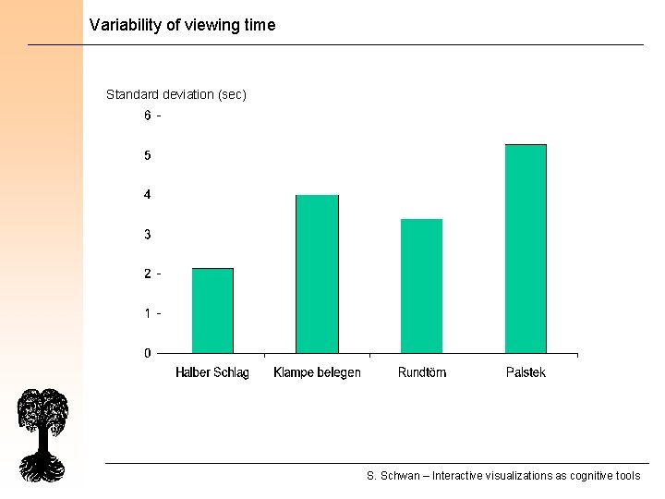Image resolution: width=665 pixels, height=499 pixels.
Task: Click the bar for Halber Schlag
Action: pos(212,310)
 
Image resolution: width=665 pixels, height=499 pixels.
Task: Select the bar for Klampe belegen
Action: pos(317,274)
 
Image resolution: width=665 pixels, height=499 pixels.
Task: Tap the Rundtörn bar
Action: pos(421,286)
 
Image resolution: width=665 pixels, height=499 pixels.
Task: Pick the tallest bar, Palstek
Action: pos(526,249)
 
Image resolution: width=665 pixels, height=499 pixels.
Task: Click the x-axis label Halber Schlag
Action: pos(212,372)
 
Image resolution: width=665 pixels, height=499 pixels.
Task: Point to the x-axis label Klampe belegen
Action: pos(317,372)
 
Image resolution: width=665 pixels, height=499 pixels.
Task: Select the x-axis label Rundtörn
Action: pos(422,372)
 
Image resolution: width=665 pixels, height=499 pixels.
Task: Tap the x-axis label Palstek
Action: pos(526,372)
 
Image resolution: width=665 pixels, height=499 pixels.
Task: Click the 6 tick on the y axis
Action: pos(148,116)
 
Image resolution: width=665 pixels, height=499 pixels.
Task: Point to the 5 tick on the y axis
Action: pos(148,155)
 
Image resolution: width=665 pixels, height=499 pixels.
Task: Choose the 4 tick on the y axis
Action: pos(148,195)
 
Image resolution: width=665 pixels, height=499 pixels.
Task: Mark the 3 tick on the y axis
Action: pos(148,235)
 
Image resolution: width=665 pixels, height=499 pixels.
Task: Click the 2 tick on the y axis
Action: pos(148,274)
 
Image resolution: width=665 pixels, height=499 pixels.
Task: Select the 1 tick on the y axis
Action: pos(148,313)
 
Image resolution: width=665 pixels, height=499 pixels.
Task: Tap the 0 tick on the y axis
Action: pos(148,353)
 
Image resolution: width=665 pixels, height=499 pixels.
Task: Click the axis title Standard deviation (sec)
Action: pos(176,94)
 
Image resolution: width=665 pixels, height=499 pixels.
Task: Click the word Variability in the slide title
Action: pos(126,25)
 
